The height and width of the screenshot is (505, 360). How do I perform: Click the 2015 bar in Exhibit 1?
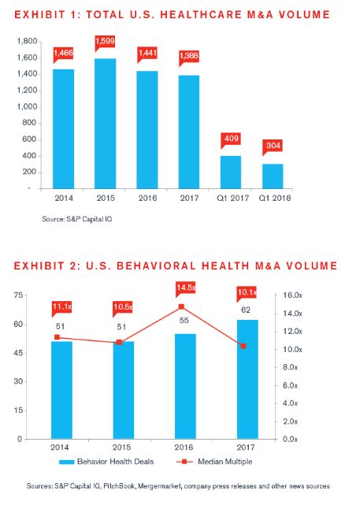106,124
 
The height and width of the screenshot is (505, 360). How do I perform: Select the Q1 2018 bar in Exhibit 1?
273,176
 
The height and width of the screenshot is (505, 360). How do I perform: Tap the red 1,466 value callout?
63,54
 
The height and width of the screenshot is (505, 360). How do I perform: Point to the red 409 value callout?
231,140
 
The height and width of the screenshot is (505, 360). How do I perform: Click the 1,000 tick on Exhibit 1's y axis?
27,106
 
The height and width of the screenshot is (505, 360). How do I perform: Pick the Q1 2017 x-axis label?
233,198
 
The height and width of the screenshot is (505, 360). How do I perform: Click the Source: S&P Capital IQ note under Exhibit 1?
77,219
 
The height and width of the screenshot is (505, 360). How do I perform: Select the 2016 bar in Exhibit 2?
185,386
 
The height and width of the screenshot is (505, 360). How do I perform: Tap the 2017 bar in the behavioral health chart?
247,379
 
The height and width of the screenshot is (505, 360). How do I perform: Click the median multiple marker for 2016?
181,306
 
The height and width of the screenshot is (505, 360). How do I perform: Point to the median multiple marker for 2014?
57,337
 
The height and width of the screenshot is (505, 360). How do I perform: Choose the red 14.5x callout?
185,289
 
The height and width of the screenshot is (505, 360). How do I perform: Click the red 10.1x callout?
247,294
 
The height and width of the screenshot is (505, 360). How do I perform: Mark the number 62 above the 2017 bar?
246,310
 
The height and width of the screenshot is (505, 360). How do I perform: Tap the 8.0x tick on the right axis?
290,367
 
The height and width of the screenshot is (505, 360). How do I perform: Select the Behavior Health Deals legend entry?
106,462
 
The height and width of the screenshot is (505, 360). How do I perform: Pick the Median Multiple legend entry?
214,462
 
